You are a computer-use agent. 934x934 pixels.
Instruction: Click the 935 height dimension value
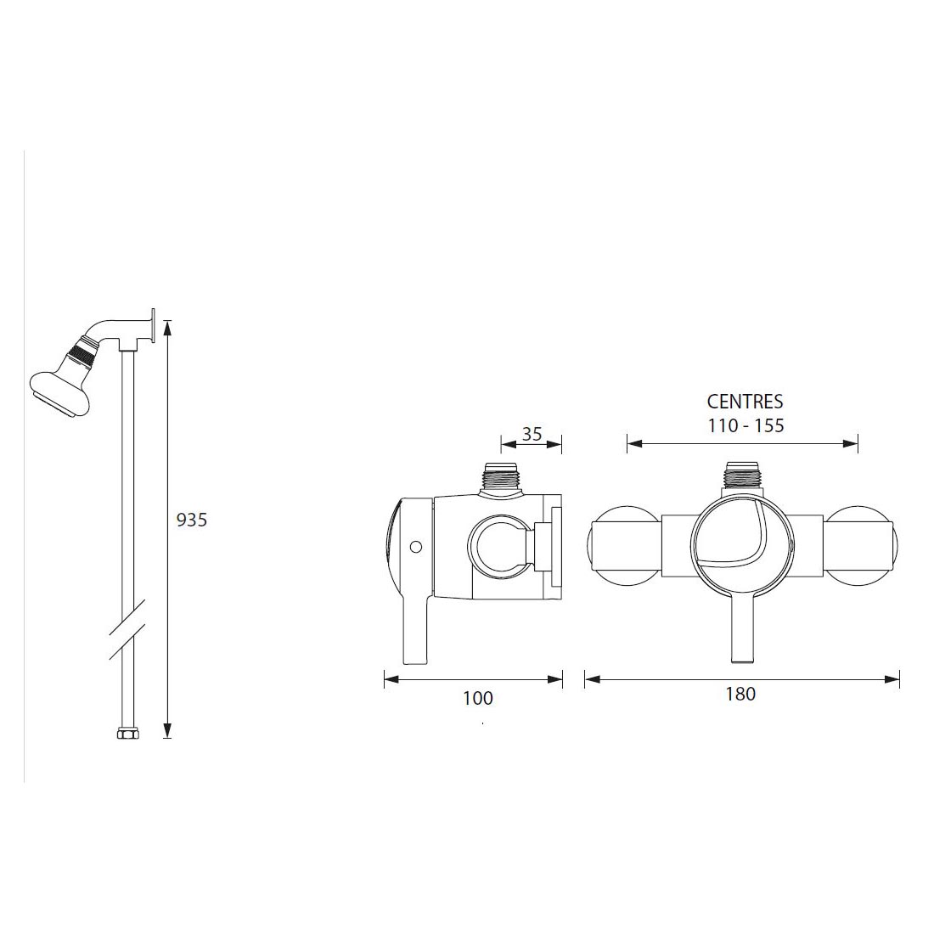[x=191, y=520]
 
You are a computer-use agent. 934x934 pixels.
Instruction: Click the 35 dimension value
[x=532, y=434]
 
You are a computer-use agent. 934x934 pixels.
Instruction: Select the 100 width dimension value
[x=477, y=698]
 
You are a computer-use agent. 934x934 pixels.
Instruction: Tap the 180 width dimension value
[x=740, y=694]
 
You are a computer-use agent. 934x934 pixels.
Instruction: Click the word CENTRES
[x=745, y=402]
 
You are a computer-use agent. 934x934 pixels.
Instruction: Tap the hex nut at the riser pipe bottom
[x=127, y=732]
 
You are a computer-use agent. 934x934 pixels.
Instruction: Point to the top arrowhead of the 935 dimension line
[x=167, y=326]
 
